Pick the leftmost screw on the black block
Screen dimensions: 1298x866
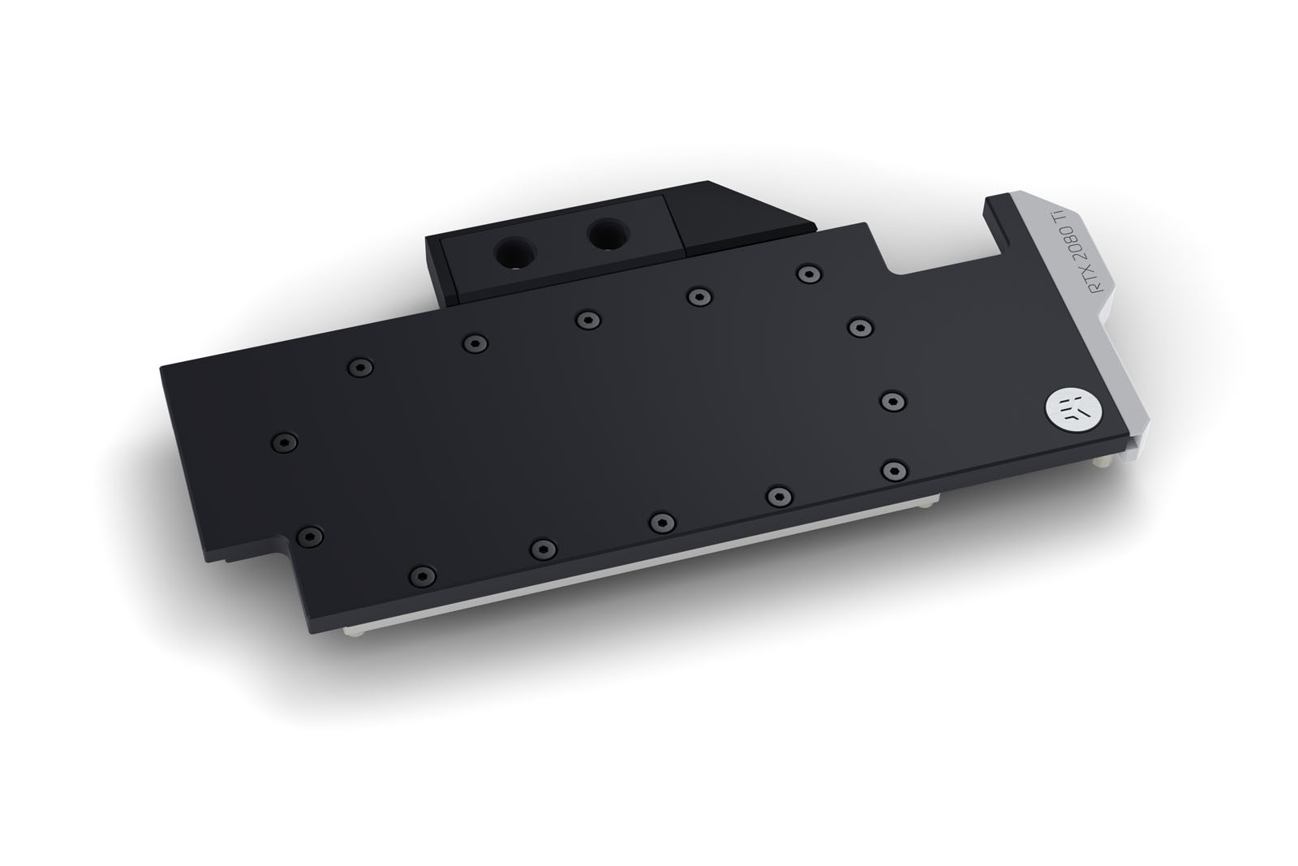tap(285, 442)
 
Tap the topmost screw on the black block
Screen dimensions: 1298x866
tap(810, 274)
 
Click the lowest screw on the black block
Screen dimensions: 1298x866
tap(422, 575)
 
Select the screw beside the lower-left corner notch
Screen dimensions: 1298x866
tap(309, 536)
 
